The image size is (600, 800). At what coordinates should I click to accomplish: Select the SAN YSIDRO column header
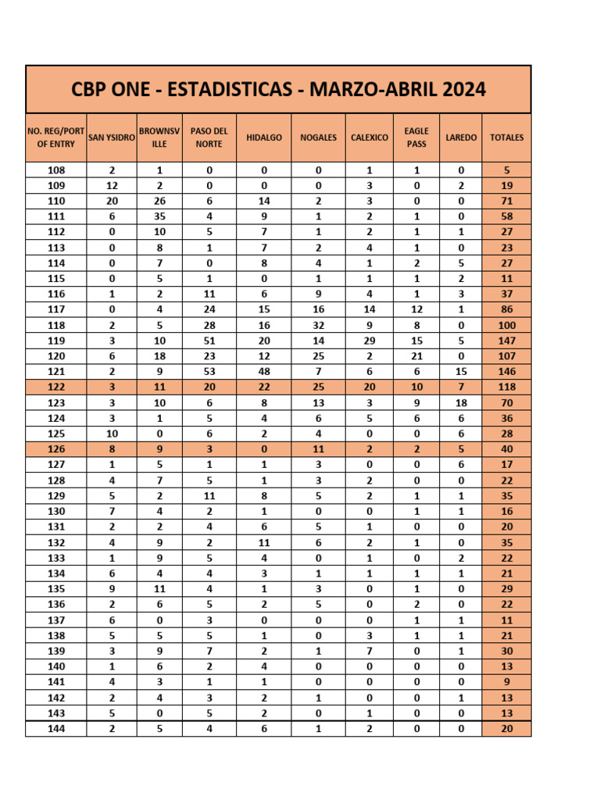[112, 137]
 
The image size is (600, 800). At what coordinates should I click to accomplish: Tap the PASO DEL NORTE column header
[209, 137]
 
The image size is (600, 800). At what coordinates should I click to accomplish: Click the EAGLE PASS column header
[416, 137]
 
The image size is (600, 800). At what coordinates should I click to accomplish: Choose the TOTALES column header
[507, 137]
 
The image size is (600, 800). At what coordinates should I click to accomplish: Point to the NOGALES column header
[319, 137]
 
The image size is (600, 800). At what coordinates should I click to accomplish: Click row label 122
[56, 387]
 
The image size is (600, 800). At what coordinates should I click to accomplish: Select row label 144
[56, 728]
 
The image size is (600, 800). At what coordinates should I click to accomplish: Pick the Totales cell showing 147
[507, 341]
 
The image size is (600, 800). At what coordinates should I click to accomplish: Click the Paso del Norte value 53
[209, 371]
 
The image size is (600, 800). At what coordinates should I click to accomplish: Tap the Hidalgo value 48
[264, 371]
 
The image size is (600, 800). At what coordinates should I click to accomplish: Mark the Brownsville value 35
[159, 216]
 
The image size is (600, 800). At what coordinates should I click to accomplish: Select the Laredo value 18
[461, 402]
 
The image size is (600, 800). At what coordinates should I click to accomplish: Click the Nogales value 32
[319, 325]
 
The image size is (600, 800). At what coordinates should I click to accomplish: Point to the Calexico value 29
[370, 341]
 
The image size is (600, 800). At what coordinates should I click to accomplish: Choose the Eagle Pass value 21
[416, 355]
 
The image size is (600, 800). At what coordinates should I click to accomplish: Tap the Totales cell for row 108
[507, 170]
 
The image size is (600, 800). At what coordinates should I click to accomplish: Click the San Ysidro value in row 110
[112, 201]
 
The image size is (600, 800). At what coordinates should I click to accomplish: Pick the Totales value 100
[507, 325]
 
